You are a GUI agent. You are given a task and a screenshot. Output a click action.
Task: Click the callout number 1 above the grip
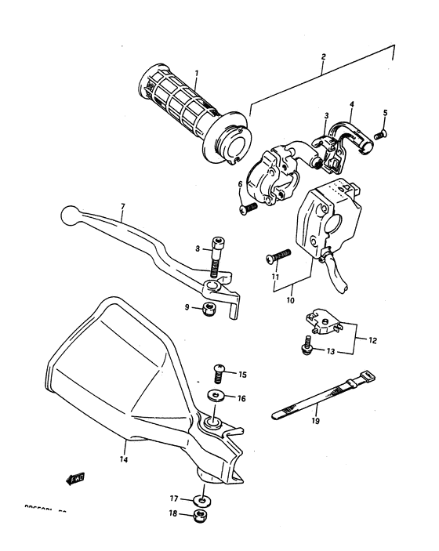196,74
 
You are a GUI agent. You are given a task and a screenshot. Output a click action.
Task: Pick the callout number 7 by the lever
122,208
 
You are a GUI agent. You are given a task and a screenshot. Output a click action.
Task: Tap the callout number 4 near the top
352,103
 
